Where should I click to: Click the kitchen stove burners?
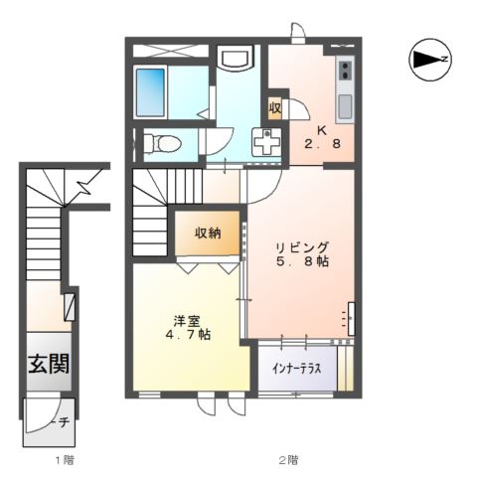point(346,71)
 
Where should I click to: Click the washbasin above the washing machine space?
point(236,61)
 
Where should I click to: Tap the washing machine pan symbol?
point(266,143)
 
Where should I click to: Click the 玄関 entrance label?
point(47,364)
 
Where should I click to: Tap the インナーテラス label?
point(296,367)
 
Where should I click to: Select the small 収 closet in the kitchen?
point(275,107)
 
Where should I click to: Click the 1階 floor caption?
point(64,458)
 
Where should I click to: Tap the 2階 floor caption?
point(288,458)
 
